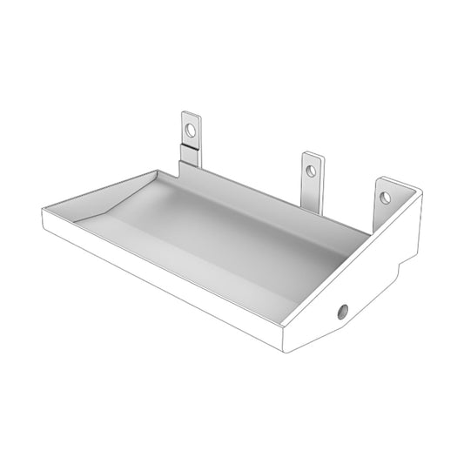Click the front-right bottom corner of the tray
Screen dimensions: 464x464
286,350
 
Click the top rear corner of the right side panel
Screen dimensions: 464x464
420,193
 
